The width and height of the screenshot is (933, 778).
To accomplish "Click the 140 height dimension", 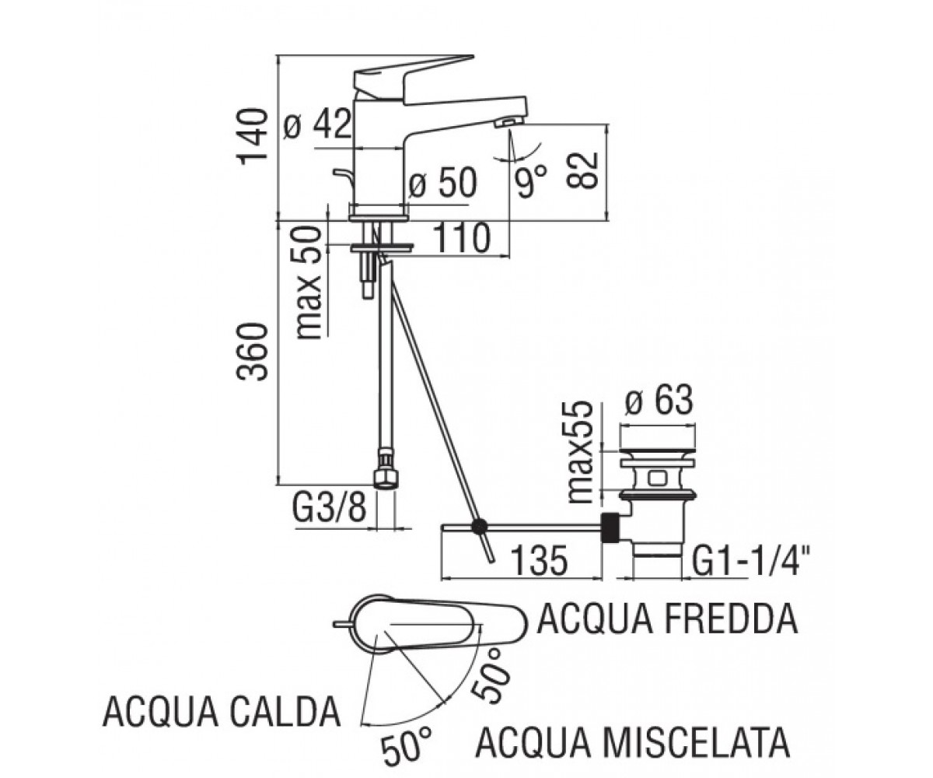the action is (x=253, y=137).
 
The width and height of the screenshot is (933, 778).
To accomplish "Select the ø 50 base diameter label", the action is (x=443, y=183).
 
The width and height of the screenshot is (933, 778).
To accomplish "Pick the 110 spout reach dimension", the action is (x=461, y=239).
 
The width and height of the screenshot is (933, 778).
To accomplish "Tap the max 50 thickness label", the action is (x=309, y=283).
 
